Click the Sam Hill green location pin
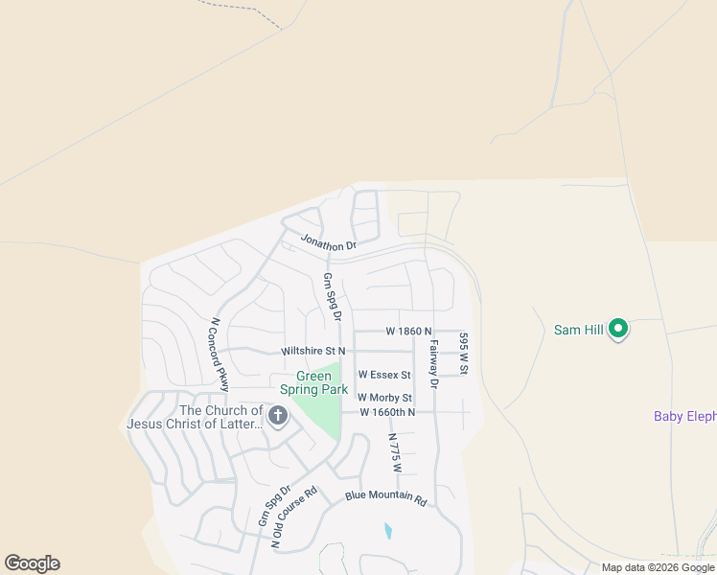coord(618,330)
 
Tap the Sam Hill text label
coord(579,330)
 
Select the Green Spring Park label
coord(313,383)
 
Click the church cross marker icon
coord(278,416)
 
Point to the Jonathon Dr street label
coord(328,242)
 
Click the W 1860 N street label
coord(409,331)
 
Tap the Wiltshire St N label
coord(312,352)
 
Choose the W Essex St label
coord(384,375)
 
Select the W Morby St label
coord(384,398)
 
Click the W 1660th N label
coord(387,412)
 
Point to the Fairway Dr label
coord(433,364)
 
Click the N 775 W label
coord(393,452)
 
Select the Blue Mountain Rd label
coord(384,496)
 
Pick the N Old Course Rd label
coord(294,517)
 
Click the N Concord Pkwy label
coord(220,354)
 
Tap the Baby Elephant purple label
coord(684,416)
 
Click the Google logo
coord(32,563)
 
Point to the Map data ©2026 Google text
coord(658,567)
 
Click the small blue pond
coord(387,530)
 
